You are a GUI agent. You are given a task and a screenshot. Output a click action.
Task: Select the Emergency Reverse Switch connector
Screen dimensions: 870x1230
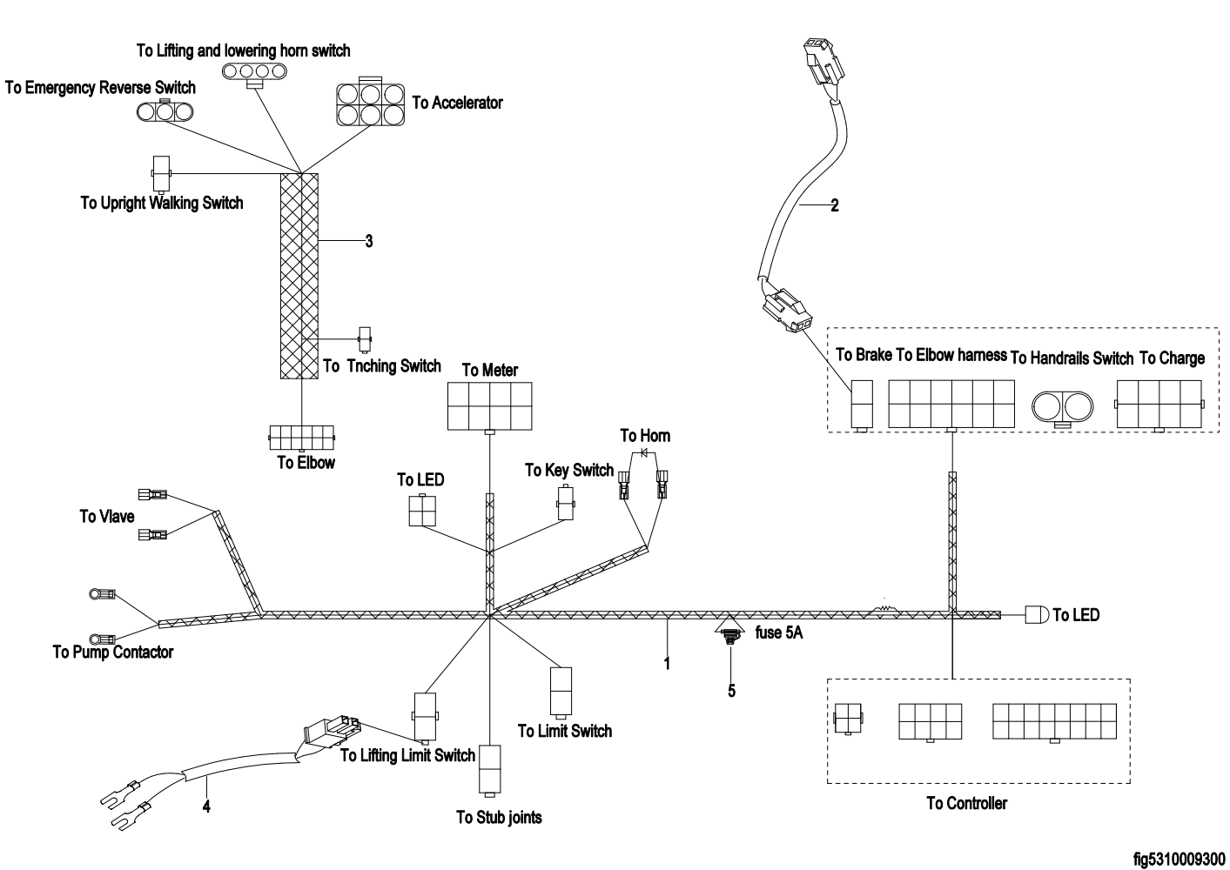[x=163, y=110]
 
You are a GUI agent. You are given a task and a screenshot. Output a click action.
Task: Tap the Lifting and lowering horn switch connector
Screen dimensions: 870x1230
[x=254, y=70]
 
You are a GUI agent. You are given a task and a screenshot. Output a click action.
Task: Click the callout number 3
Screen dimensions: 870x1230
[x=369, y=241]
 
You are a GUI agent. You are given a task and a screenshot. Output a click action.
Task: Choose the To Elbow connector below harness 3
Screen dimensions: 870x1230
[x=301, y=437]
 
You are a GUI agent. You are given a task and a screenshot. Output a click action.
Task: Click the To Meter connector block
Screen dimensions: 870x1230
[x=489, y=405]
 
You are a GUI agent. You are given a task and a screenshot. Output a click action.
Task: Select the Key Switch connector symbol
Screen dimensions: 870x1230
[x=567, y=502]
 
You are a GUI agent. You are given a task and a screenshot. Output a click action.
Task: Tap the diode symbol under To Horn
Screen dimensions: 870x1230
[x=645, y=452]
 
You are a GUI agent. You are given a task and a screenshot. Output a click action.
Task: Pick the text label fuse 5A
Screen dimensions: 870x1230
[x=779, y=633]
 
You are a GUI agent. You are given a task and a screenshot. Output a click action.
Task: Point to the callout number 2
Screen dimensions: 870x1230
[x=835, y=206]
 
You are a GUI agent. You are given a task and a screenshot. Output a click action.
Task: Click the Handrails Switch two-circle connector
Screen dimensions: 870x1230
[x=1062, y=406]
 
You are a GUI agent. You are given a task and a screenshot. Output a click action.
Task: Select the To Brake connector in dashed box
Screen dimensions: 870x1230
[x=862, y=405]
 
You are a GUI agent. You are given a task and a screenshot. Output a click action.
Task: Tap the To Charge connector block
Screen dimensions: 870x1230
[x=1157, y=404]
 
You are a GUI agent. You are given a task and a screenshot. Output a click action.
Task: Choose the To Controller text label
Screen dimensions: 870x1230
[x=966, y=803]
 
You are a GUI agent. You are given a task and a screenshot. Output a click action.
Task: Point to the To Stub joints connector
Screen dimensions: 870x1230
[x=490, y=769]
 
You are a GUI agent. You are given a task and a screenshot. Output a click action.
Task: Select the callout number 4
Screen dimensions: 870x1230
[x=206, y=806]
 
